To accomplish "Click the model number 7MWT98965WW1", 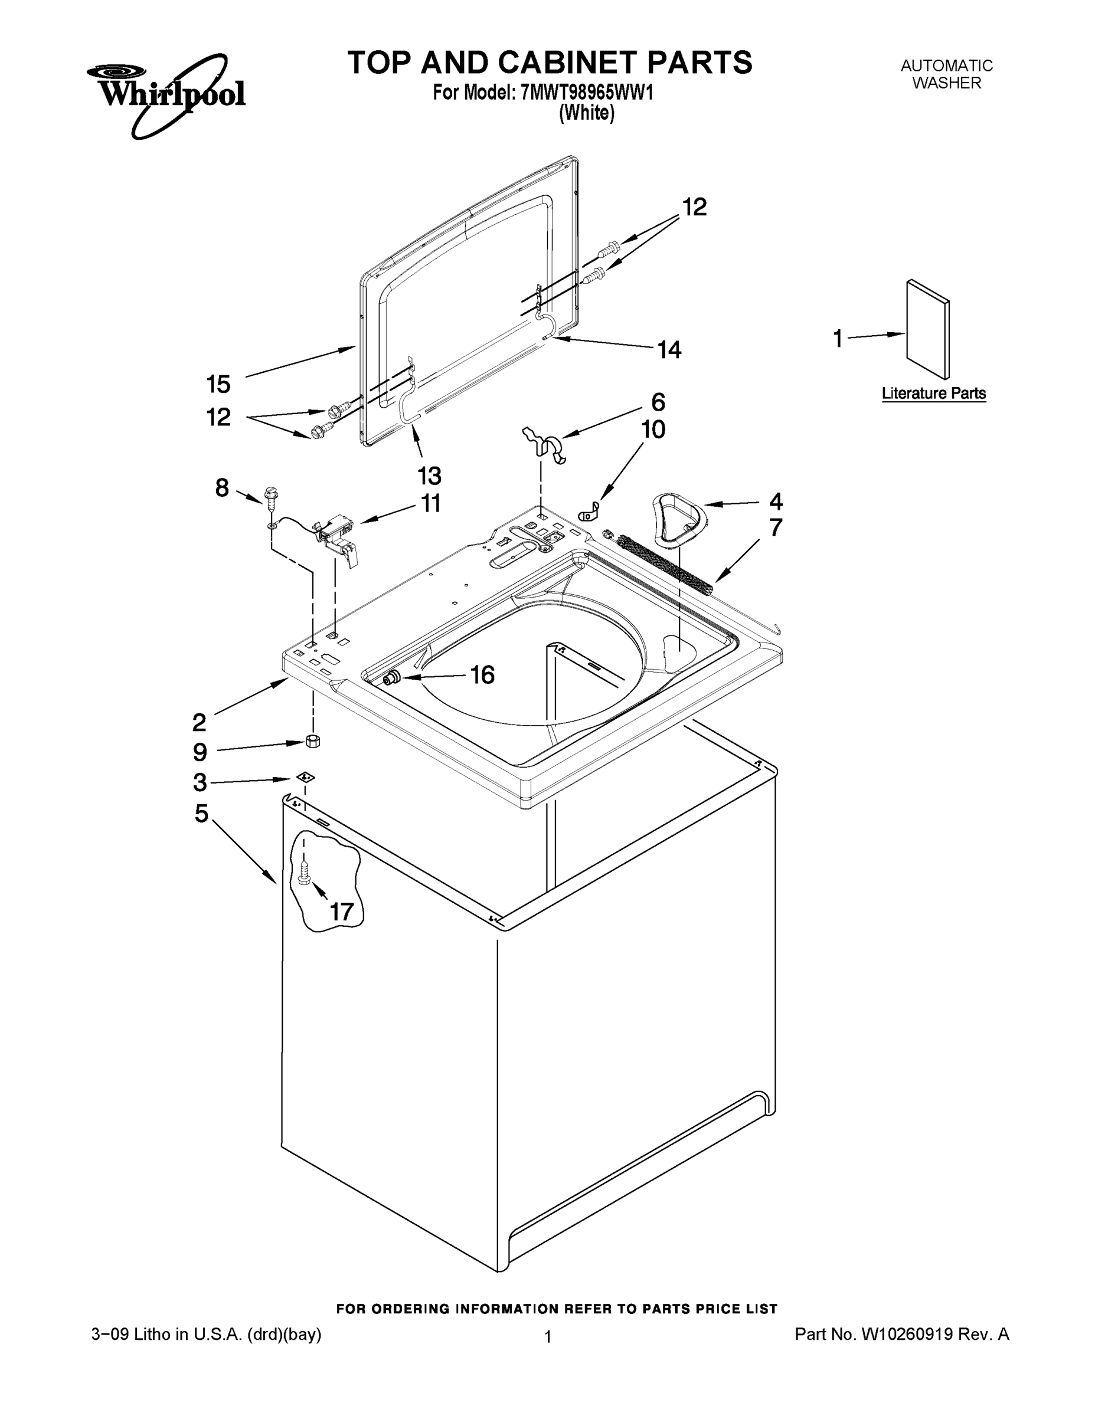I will point(586,93).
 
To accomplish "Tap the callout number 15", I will point(218,385).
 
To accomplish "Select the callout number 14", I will point(669,350).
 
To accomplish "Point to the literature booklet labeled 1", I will point(927,329).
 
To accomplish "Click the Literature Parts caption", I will point(933,394).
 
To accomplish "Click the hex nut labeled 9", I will point(313,740).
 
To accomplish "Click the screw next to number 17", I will point(304,876).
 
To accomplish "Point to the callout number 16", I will point(482,675).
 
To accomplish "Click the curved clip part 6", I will point(545,445).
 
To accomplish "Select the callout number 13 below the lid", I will point(429,476).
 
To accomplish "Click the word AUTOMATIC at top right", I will point(946,65).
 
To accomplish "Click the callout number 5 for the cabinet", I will point(202,813).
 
